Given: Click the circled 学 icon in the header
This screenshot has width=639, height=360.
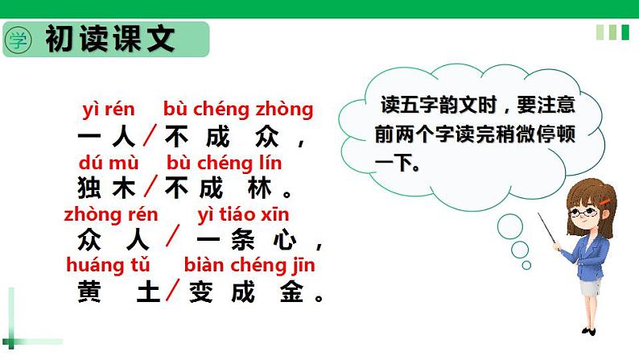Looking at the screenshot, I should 18,39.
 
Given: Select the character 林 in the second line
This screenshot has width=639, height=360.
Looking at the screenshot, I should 258,187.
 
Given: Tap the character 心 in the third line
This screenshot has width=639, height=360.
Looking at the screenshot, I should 283,239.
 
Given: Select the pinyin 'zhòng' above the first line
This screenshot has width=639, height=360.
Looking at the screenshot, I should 290,109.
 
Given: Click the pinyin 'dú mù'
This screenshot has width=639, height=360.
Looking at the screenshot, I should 107,162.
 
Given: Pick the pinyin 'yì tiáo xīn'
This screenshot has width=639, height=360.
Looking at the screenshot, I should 243,214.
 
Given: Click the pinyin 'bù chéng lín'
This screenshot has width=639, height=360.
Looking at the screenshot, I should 223,162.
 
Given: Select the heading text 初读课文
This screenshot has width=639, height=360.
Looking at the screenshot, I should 110,39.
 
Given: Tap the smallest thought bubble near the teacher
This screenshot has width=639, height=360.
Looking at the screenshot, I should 526,265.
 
